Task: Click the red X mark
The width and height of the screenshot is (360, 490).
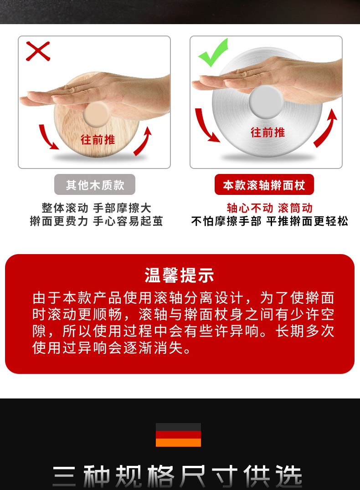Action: tap(37, 51)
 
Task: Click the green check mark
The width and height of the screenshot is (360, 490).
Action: tap(213, 53)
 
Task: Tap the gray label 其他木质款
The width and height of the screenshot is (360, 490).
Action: tap(95, 185)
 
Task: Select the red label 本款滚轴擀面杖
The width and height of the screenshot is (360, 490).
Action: tap(264, 185)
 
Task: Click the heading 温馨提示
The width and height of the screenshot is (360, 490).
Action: tap(180, 276)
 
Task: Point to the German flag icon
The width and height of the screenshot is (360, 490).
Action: tap(178, 435)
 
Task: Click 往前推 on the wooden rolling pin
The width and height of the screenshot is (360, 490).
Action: tap(98, 139)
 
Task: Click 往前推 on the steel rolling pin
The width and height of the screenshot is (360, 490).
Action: tap(268, 133)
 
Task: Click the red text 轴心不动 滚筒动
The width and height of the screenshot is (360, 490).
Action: tap(270, 208)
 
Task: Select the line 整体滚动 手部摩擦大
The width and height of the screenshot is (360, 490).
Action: tap(96, 208)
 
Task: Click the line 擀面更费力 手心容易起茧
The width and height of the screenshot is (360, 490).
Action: tap(96, 222)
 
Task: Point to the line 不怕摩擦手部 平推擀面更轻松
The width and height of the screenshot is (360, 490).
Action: tap(270, 222)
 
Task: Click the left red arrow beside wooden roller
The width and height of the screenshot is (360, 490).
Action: tap(48, 136)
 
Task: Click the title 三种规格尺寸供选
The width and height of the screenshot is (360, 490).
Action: tap(178, 476)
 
